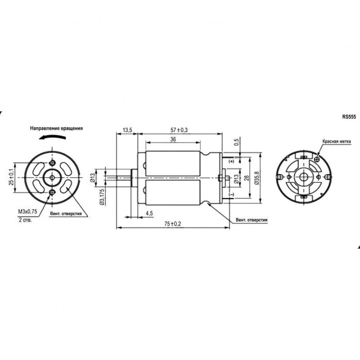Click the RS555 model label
click(x=349, y=116)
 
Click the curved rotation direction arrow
click(x=50, y=139)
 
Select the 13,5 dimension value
click(x=127, y=130)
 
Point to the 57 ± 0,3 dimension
click(x=179, y=130)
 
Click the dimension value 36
click(x=173, y=140)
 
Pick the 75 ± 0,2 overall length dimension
click(x=172, y=224)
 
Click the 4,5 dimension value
click(x=149, y=213)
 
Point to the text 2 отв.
click(x=25, y=219)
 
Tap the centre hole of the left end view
click(x=51, y=178)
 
